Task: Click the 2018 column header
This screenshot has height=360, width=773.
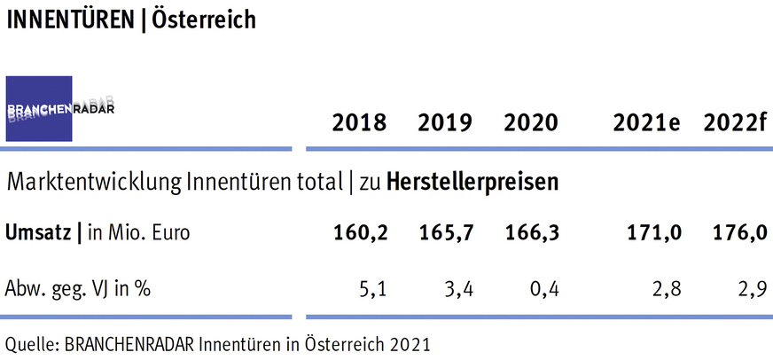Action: [x=359, y=123]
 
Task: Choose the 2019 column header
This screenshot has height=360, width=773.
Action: [x=445, y=123]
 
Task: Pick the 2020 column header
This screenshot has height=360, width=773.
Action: [x=531, y=123]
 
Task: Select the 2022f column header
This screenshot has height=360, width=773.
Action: [x=735, y=123]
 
